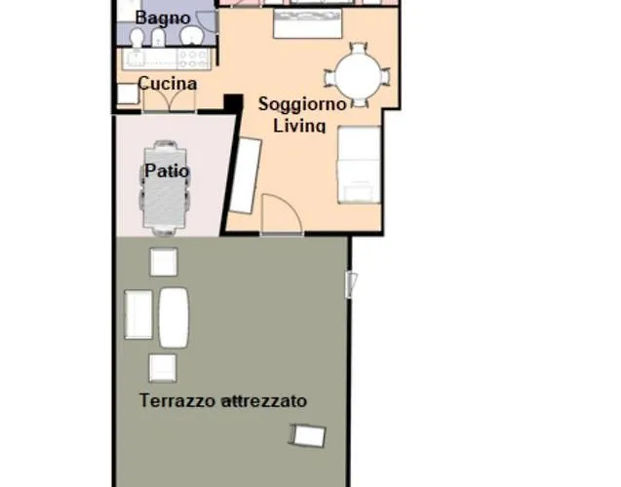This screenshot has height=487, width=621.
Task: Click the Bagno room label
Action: click(163, 19)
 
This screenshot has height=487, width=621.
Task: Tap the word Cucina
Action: click(167, 84)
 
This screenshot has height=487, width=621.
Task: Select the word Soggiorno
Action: click(301, 104)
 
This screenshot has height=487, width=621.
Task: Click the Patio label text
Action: click(167, 171)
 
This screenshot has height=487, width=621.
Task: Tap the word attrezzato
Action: click(264, 400)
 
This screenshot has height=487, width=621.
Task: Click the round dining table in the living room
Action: click(358, 75)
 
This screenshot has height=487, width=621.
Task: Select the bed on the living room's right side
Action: click(359, 165)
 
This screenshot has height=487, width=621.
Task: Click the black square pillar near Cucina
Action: click(232, 102)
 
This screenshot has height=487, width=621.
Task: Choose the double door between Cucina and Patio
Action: click(169, 99)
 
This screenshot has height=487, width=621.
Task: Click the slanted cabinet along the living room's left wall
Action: click(245, 175)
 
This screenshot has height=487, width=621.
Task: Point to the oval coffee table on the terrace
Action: click(174, 317)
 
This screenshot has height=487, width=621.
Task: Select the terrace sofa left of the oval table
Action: click(139, 315)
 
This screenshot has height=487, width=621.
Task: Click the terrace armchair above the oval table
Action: click(163, 262)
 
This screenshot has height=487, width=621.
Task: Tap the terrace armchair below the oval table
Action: click(162, 367)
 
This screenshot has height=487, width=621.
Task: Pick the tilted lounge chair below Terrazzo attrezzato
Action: click(308, 435)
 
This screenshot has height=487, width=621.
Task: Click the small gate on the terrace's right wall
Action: click(352, 283)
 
